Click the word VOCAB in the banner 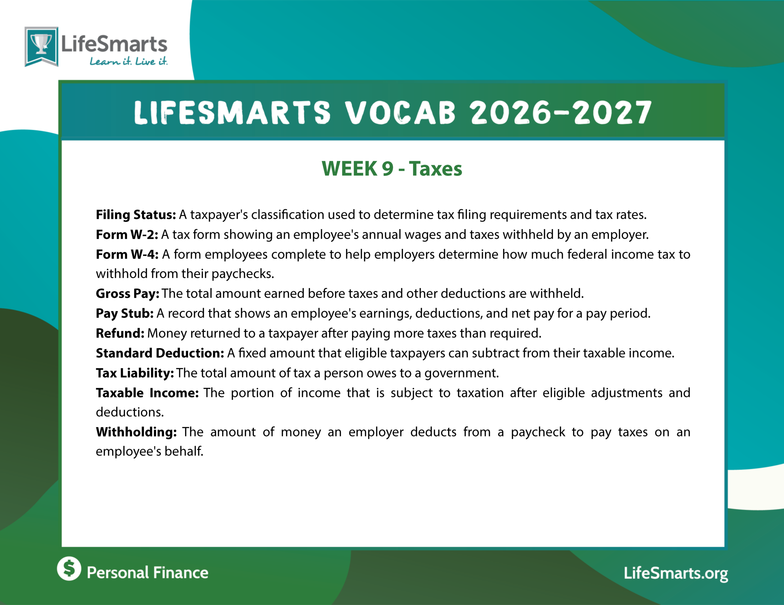tap(401, 113)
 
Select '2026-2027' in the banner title tap(561, 113)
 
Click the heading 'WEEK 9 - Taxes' tap(392, 169)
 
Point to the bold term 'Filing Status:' tap(136, 215)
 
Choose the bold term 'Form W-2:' tap(127, 235)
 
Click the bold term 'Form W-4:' tap(127, 254)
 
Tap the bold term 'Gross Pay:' tap(127, 294)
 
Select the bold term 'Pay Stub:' tap(125, 314)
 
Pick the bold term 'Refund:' tap(120, 333)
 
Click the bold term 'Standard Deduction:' tap(160, 353)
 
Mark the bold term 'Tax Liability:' tap(135, 373)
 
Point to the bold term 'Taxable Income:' tap(147, 393)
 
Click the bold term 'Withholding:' tap(136, 432)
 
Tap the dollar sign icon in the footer tap(69, 568)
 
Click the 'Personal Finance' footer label tap(148, 573)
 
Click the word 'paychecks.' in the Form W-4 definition tap(243, 274)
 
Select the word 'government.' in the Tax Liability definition tap(462, 373)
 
